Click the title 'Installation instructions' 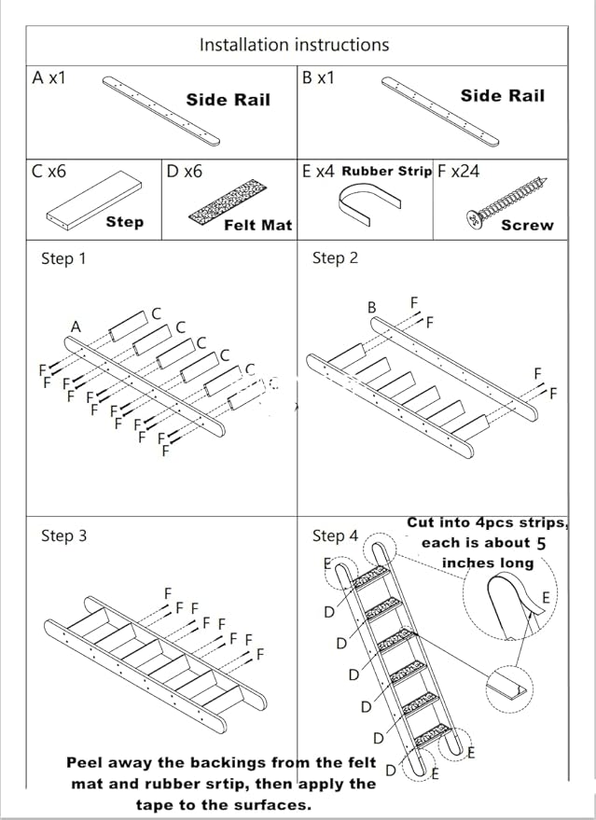(294, 45)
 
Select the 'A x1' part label (49, 78)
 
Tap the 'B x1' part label (318, 78)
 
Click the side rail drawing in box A (160, 111)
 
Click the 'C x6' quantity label (49, 172)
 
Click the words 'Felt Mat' (257, 225)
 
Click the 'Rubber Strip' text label (386, 172)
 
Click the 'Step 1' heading (63, 258)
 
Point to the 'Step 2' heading (335, 258)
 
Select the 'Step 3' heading (63, 535)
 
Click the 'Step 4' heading (335, 535)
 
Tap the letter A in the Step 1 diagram (76, 327)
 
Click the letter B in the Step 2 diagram (371, 307)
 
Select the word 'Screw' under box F (527, 225)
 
